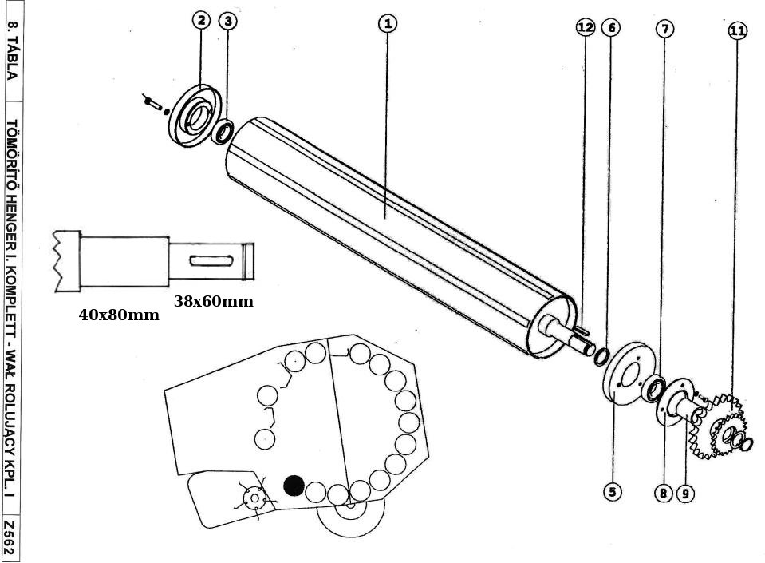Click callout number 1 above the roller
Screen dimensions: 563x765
pyautogui.click(x=387, y=23)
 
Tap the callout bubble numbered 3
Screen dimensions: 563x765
pyautogui.click(x=228, y=21)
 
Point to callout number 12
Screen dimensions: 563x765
pyautogui.click(x=585, y=28)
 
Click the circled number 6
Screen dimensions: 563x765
pyautogui.click(x=611, y=28)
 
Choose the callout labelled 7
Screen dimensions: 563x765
pyautogui.click(x=664, y=29)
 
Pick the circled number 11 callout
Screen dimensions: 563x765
pyautogui.click(x=737, y=31)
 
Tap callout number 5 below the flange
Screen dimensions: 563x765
pyautogui.click(x=613, y=492)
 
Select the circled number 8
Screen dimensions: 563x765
pyautogui.click(x=663, y=494)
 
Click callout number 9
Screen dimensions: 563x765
pyautogui.click(x=685, y=494)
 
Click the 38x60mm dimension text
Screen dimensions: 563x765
pyautogui.click(x=213, y=301)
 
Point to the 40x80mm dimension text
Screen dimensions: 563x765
pyautogui.click(x=119, y=315)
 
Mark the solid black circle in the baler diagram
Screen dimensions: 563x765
pyautogui.click(x=294, y=485)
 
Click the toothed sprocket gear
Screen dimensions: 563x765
pyautogui.click(x=722, y=427)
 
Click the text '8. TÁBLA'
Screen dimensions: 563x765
pyautogui.click(x=10, y=50)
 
